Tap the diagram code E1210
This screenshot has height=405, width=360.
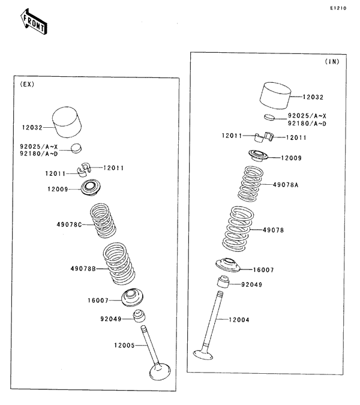point(338,9)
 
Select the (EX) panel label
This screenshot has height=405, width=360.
point(27,85)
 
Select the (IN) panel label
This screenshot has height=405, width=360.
point(332,62)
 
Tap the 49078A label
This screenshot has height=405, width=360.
point(286,185)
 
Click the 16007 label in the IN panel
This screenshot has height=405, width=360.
point(264,270)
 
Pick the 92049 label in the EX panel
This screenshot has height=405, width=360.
point(111,319)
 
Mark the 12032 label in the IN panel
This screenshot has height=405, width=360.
point(313,96)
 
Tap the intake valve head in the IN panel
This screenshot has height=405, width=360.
point(203,355)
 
